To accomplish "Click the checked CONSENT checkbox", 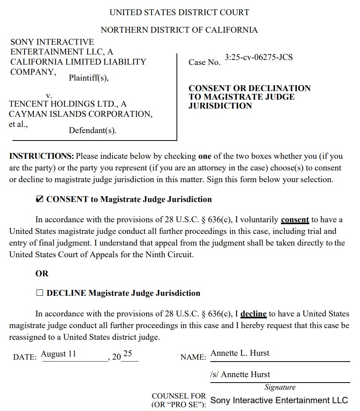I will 39,200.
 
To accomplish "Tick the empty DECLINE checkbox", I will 39,293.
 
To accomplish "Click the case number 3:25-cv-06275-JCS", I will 258,58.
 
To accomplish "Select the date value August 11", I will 58,354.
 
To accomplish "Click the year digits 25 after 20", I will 127,354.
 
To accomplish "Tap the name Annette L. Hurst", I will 240,353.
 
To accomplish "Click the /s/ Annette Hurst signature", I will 240,375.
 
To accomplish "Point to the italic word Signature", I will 280,387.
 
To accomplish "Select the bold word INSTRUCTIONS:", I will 41,156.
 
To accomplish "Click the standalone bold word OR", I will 42,274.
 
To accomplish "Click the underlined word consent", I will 295,220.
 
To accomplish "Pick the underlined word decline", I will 254,314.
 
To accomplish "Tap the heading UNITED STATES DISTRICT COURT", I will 179,12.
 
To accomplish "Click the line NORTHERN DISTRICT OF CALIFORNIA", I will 179,30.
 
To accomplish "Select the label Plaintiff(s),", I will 89,78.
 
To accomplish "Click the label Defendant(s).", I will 93,130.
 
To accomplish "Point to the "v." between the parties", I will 49,95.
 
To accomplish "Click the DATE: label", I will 25,357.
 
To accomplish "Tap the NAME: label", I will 193,357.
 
